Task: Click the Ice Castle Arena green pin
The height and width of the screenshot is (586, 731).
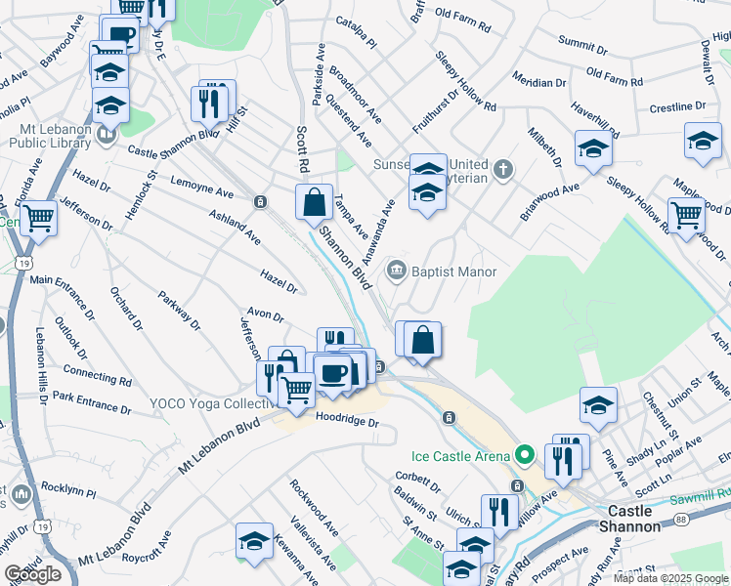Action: pyautogui.click(x=525, y=455)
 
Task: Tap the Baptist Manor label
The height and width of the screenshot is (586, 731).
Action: pyautogui.click(x=453, y=272)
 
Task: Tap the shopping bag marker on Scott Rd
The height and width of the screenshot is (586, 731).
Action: pyautogui.click(x=315, y=203)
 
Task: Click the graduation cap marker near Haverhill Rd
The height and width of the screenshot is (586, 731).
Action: pyautogui.click(x=593, y=147)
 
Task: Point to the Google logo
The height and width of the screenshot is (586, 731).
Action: pyautogui.click(x=32, y=574)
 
